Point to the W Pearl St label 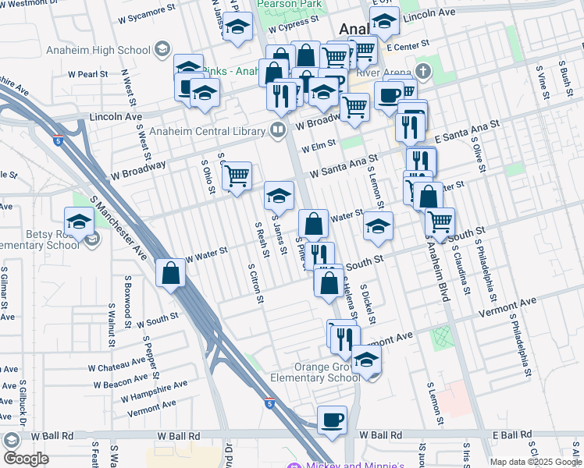coord(92,74)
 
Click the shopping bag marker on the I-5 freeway coord(170,274)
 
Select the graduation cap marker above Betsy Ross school coord(79,222)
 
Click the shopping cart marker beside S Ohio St coord(238,176)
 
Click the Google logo coord(27,459)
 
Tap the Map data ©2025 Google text coord(536,462)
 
